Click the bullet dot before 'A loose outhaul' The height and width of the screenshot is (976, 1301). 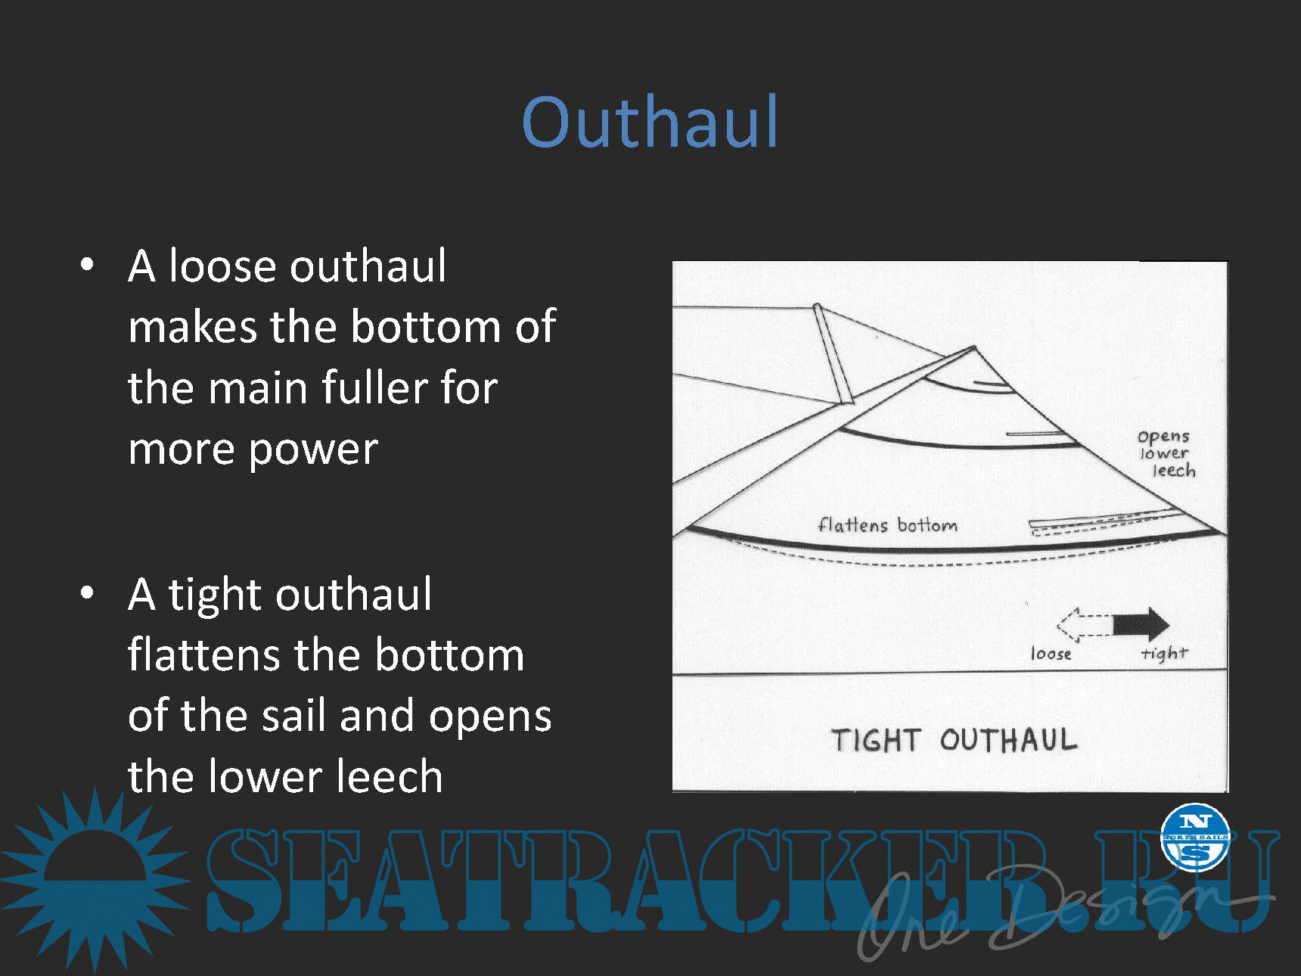tap(88, 265)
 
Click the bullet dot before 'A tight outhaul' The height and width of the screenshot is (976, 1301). tap(88, 592)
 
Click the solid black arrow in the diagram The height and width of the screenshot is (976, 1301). tap(1141, 624)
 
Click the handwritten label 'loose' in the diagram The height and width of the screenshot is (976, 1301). tap(1051, 653)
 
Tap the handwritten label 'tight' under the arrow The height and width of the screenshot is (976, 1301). tap(1165, 653)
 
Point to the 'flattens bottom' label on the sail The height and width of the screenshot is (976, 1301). tap(887, 524)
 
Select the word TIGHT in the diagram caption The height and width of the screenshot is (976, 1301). tap(875, 740)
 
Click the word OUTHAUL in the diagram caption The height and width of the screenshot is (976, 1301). tap(1008, 739)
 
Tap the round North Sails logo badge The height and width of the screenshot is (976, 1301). tap(1195, 837)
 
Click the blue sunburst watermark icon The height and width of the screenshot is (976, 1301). tap(95, 880)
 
